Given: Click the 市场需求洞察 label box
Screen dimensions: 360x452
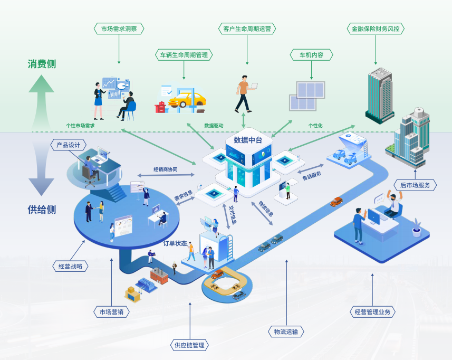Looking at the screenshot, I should coord(119,29).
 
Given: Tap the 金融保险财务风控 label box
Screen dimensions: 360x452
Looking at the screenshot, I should coord(375,29).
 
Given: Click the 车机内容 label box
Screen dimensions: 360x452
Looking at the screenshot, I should coord(311,55).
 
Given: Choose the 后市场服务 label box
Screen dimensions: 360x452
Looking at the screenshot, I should coord(415,185).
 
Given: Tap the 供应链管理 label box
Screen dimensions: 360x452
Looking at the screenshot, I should coord(190,346).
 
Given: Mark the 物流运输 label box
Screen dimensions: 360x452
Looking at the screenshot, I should coord(286,331).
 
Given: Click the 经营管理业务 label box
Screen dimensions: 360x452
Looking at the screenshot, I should coord(372,311).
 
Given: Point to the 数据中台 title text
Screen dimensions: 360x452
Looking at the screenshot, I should coord(248,140).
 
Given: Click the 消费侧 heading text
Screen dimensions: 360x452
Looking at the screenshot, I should coord(42,64).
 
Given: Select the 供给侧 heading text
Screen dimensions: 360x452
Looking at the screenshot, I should coord(42,210).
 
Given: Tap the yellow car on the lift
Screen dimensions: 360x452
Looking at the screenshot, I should coord(187,99).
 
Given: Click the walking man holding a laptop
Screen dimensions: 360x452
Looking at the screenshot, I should coord(244,92).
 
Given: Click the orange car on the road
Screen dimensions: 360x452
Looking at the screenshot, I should coord(336,201).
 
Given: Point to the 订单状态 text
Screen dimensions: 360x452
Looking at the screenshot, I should coord(175,243).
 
